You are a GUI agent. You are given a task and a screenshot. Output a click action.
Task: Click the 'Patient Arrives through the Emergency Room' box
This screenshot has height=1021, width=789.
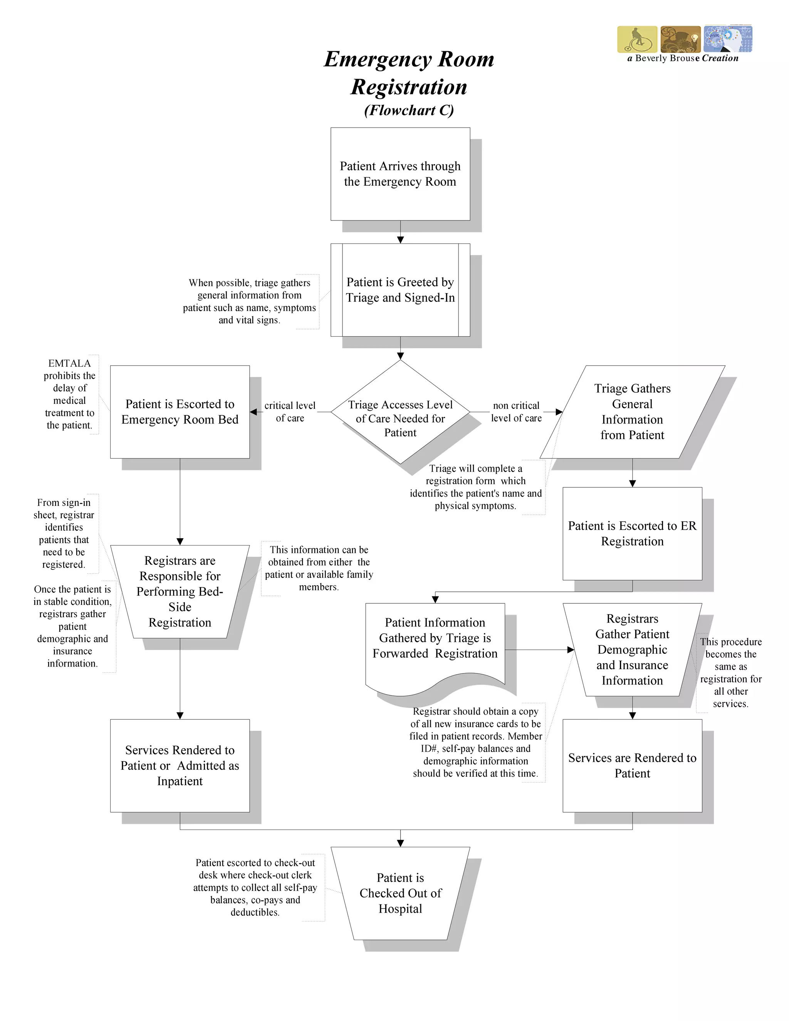(400, 174)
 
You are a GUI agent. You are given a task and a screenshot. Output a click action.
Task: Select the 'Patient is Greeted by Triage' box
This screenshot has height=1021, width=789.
(400, 290)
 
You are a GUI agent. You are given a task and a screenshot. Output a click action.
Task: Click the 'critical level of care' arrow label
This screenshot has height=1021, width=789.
(290, 411)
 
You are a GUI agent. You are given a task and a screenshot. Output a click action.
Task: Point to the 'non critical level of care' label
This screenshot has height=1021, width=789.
(516, 411)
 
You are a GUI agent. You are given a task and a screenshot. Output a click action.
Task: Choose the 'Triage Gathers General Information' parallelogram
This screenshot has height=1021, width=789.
(632, 411)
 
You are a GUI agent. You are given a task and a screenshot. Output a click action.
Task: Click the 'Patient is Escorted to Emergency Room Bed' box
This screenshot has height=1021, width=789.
(180, 411)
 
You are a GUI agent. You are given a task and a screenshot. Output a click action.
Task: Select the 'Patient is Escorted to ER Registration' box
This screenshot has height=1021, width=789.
(632, 533)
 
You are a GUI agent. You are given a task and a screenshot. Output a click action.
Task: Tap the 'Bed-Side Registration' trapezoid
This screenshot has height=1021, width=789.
(180, 591)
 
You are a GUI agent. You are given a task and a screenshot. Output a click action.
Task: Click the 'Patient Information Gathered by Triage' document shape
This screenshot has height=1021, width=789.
(435, 638)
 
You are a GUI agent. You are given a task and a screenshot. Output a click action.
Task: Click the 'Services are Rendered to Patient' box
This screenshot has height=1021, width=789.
(632, 765)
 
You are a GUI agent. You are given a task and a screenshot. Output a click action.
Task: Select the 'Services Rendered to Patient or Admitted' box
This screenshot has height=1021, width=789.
(180, 765)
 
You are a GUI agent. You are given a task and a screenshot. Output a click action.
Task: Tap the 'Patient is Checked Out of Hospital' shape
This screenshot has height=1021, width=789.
(400, 893)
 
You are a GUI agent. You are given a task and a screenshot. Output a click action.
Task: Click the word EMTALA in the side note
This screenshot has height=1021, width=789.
(69, 363)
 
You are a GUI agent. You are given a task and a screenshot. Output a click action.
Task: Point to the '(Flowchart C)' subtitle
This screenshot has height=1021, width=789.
(409, 110)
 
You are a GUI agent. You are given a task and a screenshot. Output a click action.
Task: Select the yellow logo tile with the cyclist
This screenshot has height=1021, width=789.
(636, 39)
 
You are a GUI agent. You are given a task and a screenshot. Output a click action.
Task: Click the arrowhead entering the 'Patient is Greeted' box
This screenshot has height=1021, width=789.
(400, 240)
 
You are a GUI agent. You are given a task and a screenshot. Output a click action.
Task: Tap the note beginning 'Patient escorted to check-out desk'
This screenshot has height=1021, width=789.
(255, 887)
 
